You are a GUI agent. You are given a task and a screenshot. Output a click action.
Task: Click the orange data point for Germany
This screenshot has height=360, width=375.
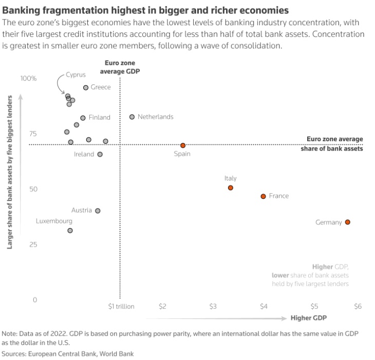point(347,222)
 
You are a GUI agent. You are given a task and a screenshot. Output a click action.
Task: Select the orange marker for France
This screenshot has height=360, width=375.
point(263,196)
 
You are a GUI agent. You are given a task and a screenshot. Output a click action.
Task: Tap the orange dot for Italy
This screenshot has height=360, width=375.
point(230,188)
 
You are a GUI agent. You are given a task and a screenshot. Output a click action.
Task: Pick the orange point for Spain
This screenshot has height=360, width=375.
point(183,145)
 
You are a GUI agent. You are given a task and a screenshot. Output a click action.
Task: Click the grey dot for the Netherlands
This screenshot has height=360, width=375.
point(132,117)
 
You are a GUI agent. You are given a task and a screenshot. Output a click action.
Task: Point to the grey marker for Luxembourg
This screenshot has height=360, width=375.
point(70,231)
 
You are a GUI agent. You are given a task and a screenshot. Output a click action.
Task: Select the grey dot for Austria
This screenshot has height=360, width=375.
point(98,211)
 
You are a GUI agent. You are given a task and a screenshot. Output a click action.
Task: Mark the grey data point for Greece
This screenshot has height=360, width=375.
point(86,88)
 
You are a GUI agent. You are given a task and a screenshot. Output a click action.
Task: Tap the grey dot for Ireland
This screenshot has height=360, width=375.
point(100,154)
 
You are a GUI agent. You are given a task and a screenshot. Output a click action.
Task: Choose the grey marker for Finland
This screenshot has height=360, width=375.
point(83,118)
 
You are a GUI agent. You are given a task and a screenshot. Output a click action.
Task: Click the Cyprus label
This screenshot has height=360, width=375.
point(76,74)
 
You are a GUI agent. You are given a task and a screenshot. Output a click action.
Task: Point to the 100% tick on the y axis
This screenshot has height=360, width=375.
point(29,79)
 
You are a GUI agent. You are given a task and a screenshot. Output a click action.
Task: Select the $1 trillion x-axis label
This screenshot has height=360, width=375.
point(121,306)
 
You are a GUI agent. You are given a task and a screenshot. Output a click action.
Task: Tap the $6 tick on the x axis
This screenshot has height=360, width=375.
point(358,306)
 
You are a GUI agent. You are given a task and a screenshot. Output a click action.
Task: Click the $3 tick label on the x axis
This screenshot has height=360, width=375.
point(213,306)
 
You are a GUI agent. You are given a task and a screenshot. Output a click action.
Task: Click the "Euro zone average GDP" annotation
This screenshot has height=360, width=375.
point(120,67)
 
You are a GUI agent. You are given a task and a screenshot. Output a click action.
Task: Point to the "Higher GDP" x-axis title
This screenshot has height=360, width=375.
point(308,317)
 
